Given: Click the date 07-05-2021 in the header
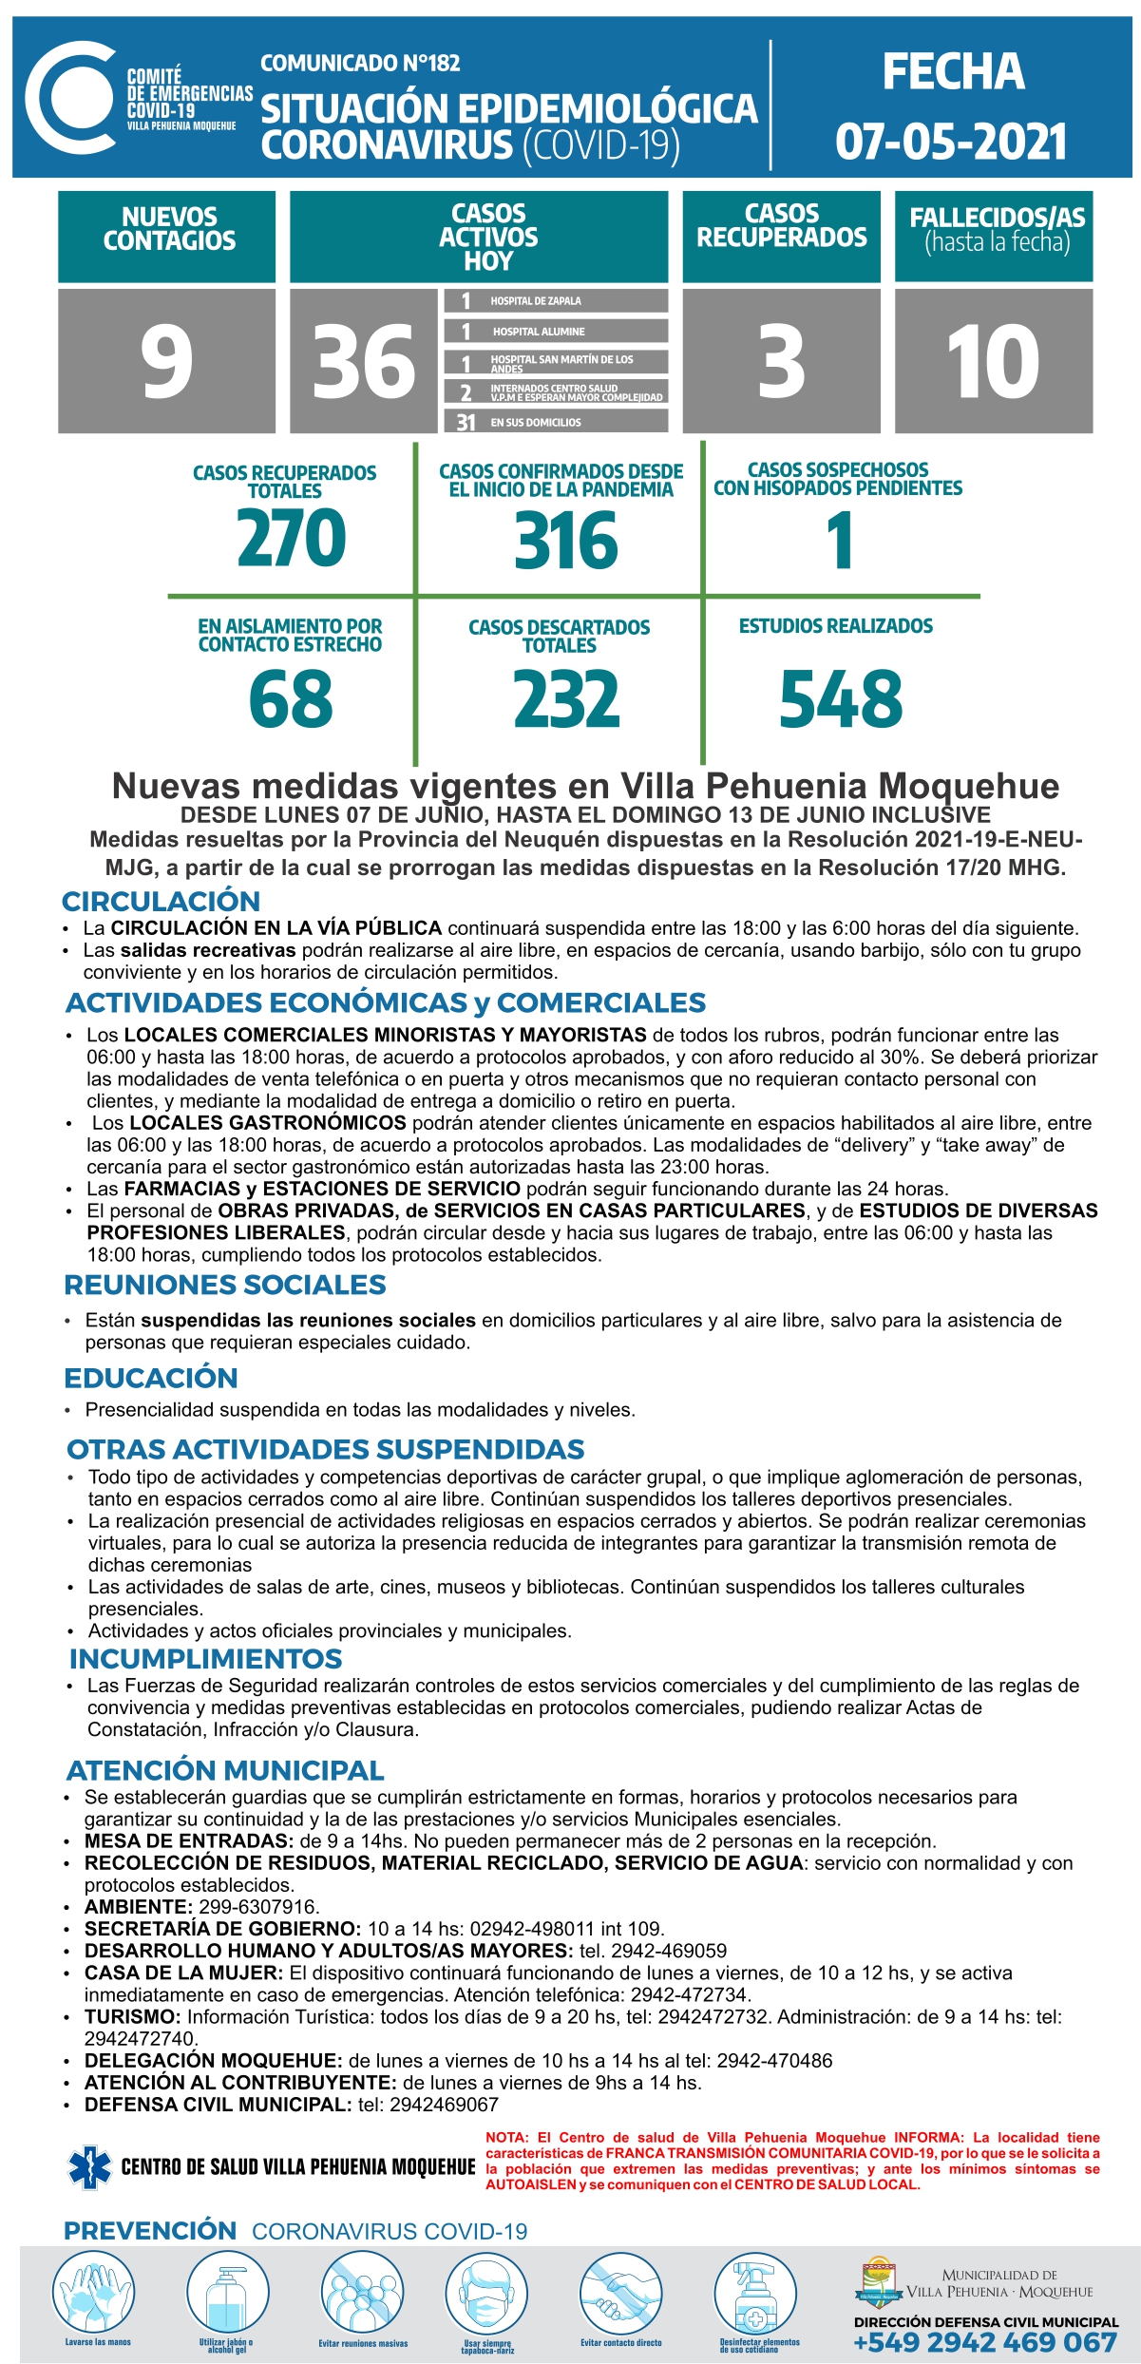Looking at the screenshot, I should (x=951, y=142).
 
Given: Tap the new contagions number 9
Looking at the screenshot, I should (x=167, y=361).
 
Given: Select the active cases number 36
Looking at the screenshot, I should (x=364, y=361).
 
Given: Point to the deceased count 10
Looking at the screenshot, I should (x=993, y=361).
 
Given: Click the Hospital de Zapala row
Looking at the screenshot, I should (x=556, y=301).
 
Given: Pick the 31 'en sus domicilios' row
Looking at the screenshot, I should (x=556, y=422).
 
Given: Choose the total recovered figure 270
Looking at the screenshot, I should (x=292, y=538).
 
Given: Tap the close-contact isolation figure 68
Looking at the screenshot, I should (x=291, y=699).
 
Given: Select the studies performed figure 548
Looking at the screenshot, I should (x=841, y=699).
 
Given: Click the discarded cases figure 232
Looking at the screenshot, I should (x=566, y=699).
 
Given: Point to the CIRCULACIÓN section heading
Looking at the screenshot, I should (x=161, y=901).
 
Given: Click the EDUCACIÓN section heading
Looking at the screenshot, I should (x=151, y=1378).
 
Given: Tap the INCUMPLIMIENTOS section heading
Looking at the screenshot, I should (x=205, y=1659).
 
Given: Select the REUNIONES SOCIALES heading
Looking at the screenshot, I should (x=225, y=1285).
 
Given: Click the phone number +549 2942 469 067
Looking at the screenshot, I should (x=985, y=2343).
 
